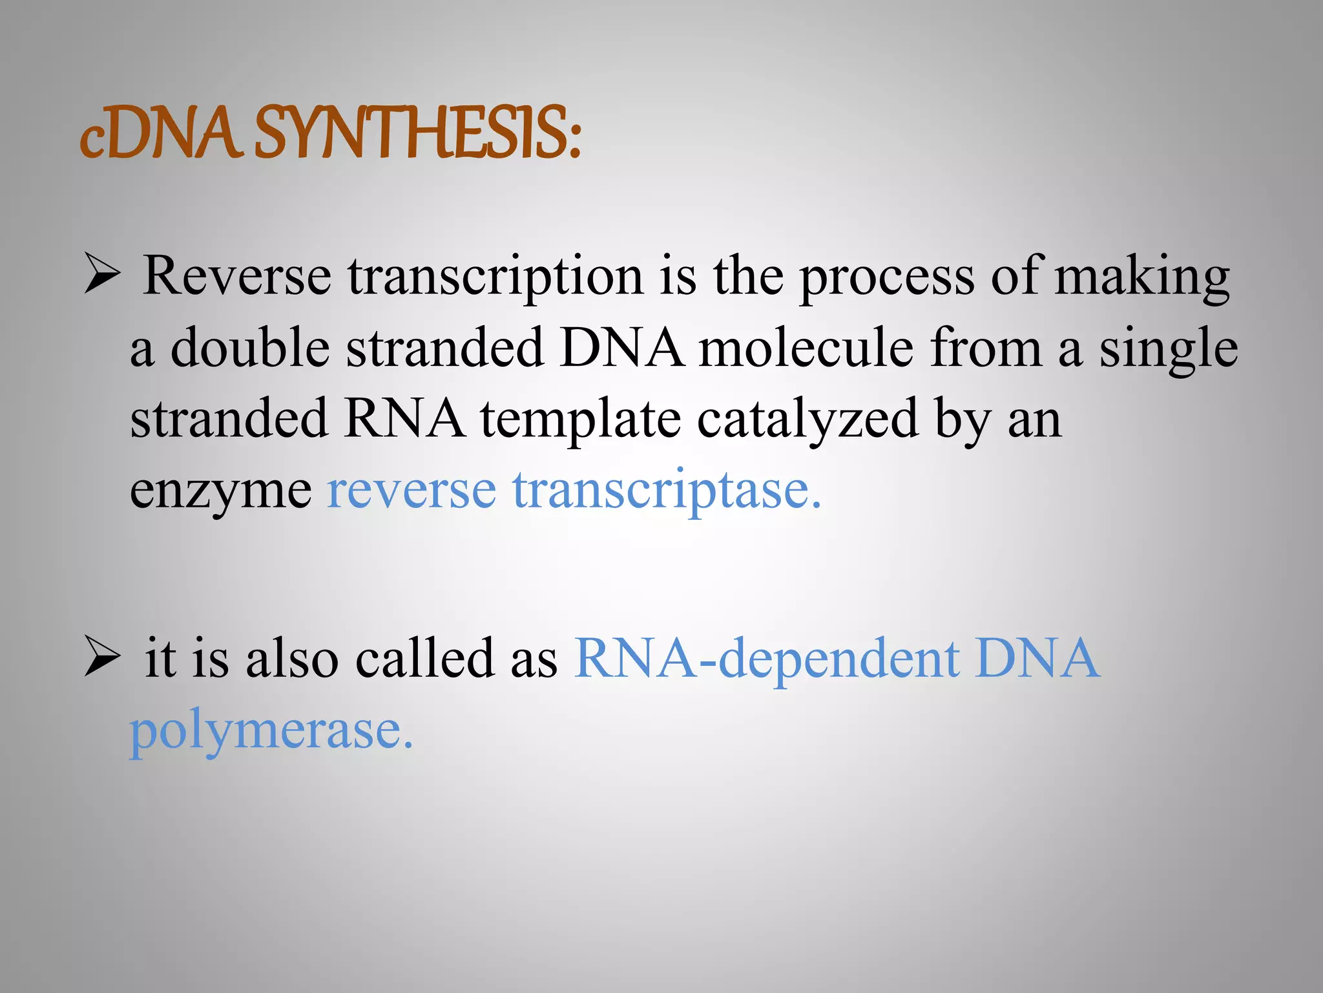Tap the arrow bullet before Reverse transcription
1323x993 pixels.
[102, 277]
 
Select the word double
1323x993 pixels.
[251, 348]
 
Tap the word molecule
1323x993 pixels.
[806, 348]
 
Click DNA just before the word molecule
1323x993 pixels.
[622, 348]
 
